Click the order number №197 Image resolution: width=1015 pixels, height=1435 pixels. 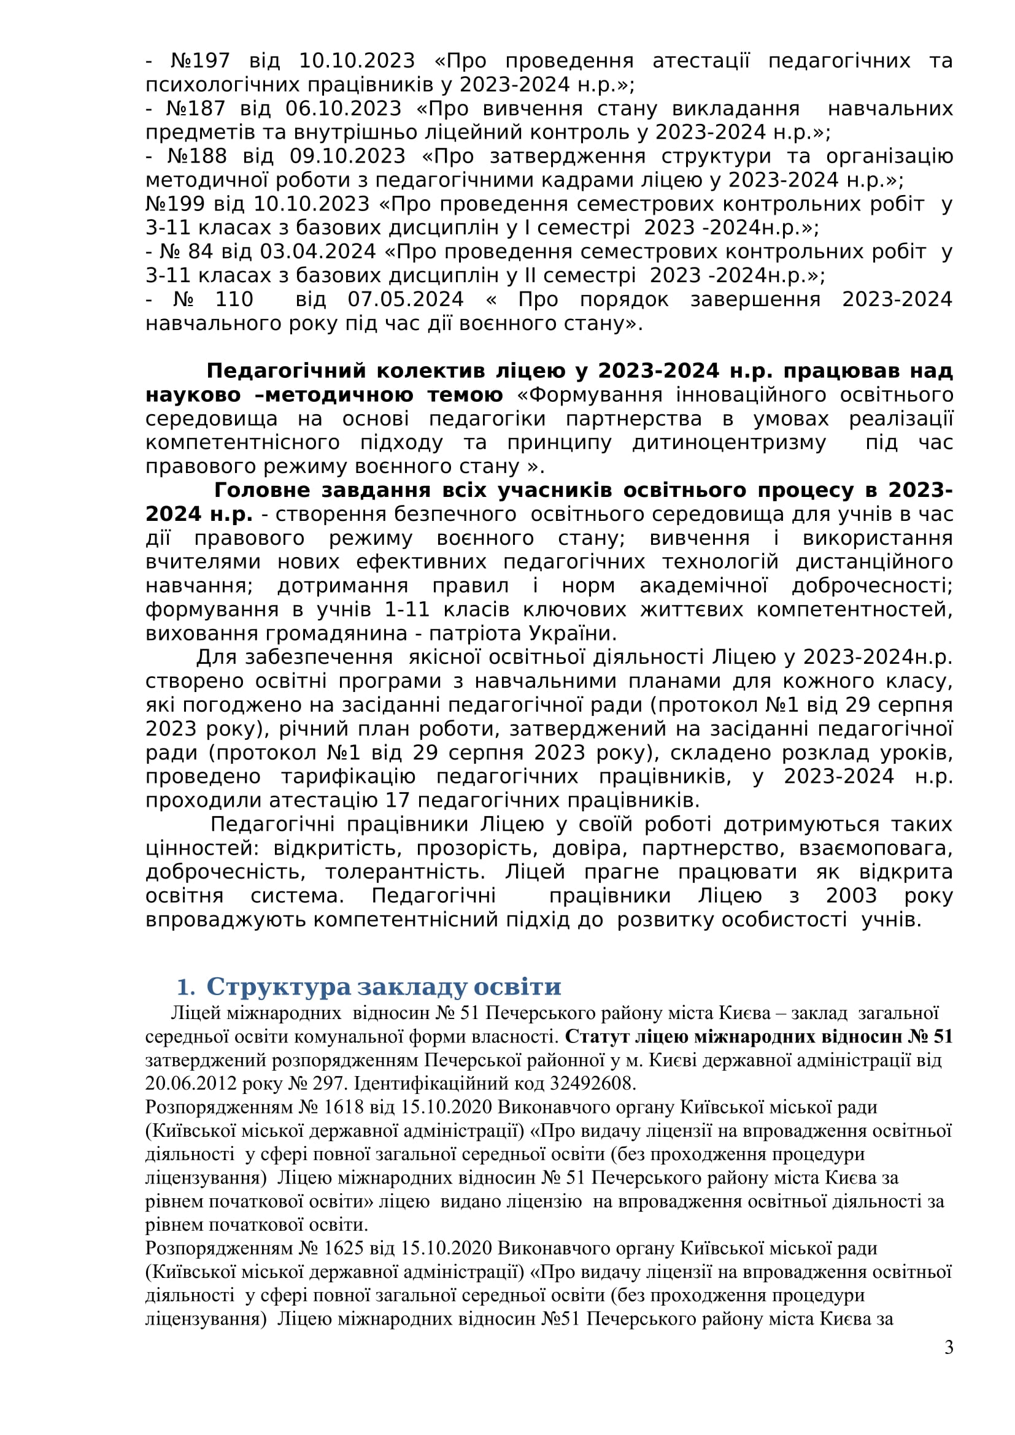click(200, 61)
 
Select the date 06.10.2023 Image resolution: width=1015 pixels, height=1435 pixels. click(343, 109)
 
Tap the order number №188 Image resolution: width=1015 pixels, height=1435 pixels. click(197, 156)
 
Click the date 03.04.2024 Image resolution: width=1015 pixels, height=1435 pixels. click(317, 252)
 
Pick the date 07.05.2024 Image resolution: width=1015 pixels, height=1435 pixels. click(406, 299)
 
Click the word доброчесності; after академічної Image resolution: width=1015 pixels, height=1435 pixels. click(872, 587)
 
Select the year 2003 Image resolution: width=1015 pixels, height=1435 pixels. click(851, 896)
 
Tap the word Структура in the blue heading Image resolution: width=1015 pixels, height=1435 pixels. click(279, 987)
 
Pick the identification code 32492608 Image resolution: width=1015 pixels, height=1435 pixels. click(593, 1083)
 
